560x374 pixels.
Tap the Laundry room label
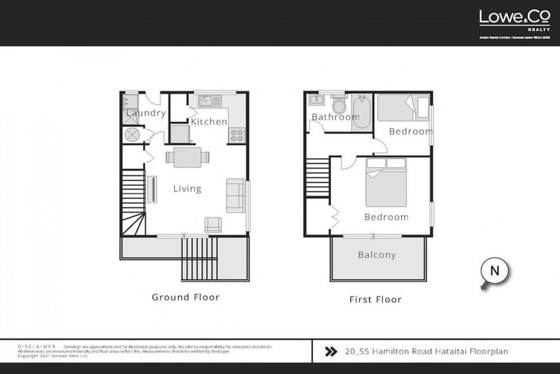(146, 113)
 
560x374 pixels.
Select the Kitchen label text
(209, 121)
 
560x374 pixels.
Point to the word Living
(187, 188)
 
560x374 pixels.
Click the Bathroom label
(332, 117)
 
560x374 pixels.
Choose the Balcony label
(376, 255)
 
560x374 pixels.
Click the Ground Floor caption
(185, 297)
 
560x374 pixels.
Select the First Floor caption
(376, 299)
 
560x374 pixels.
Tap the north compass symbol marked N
(494, 272)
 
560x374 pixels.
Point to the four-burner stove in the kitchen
(237, 134)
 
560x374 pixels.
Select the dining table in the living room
(187, 156)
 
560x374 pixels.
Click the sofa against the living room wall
(236, 195)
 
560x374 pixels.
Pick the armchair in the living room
(213, 224)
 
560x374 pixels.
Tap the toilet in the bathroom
(338, 106)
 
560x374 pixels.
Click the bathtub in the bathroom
(362, 112)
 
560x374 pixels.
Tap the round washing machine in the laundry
(132, 134)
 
